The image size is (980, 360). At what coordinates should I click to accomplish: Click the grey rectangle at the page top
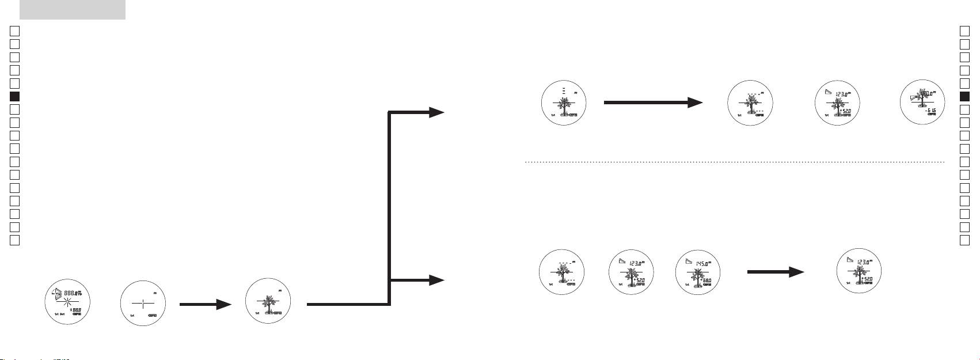point(72,9)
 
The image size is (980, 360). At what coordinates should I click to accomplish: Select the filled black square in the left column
point(16,96)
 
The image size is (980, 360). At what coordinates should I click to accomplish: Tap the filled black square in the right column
point(965,96)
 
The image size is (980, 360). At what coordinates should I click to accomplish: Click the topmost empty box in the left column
point(16,31)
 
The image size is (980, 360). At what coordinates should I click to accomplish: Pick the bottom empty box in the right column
point(965,240)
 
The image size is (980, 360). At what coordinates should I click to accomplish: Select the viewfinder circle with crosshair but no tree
point(143,305)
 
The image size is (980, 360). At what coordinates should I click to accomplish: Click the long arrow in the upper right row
point(653,103)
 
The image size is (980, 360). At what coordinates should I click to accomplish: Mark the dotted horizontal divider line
point(734,162)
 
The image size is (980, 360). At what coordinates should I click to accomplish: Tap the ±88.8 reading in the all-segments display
point(81,310)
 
